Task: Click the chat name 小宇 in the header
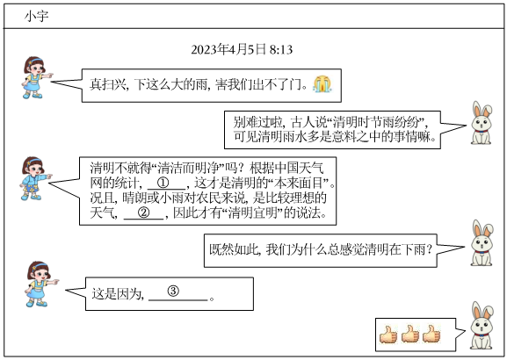click(x=37, y=16)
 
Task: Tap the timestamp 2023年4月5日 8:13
click(x=242, y=50)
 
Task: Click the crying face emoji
click(x=322, y=84)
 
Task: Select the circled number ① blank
click(x=163, y=183)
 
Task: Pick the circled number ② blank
click(x=144, y=212)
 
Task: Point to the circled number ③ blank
click(x=173, y=291)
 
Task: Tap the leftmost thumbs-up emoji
click(x=388, y=335)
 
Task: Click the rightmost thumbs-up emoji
click(x=431, y=335)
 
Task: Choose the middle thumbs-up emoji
click(x=410, y=335)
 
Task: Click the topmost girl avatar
click(x=36, y=77)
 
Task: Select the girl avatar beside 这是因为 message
click(x=40, y=284)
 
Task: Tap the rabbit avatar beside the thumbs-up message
click(x=482, y=326)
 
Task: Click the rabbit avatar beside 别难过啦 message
click(x=482, y=123)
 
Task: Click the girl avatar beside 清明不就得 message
click(x=35, y=178)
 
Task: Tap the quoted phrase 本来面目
click(x=299, y=183)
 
